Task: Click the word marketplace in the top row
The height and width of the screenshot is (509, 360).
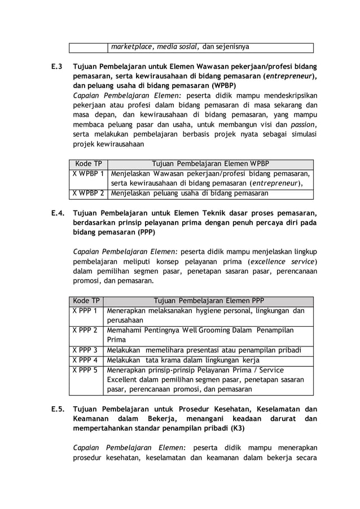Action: point(131,47)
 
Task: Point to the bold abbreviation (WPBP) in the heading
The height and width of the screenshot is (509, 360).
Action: point(224,86)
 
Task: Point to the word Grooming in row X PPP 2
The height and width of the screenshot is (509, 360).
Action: point(214,330)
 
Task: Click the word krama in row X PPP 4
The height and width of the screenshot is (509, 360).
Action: point(173,360)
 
